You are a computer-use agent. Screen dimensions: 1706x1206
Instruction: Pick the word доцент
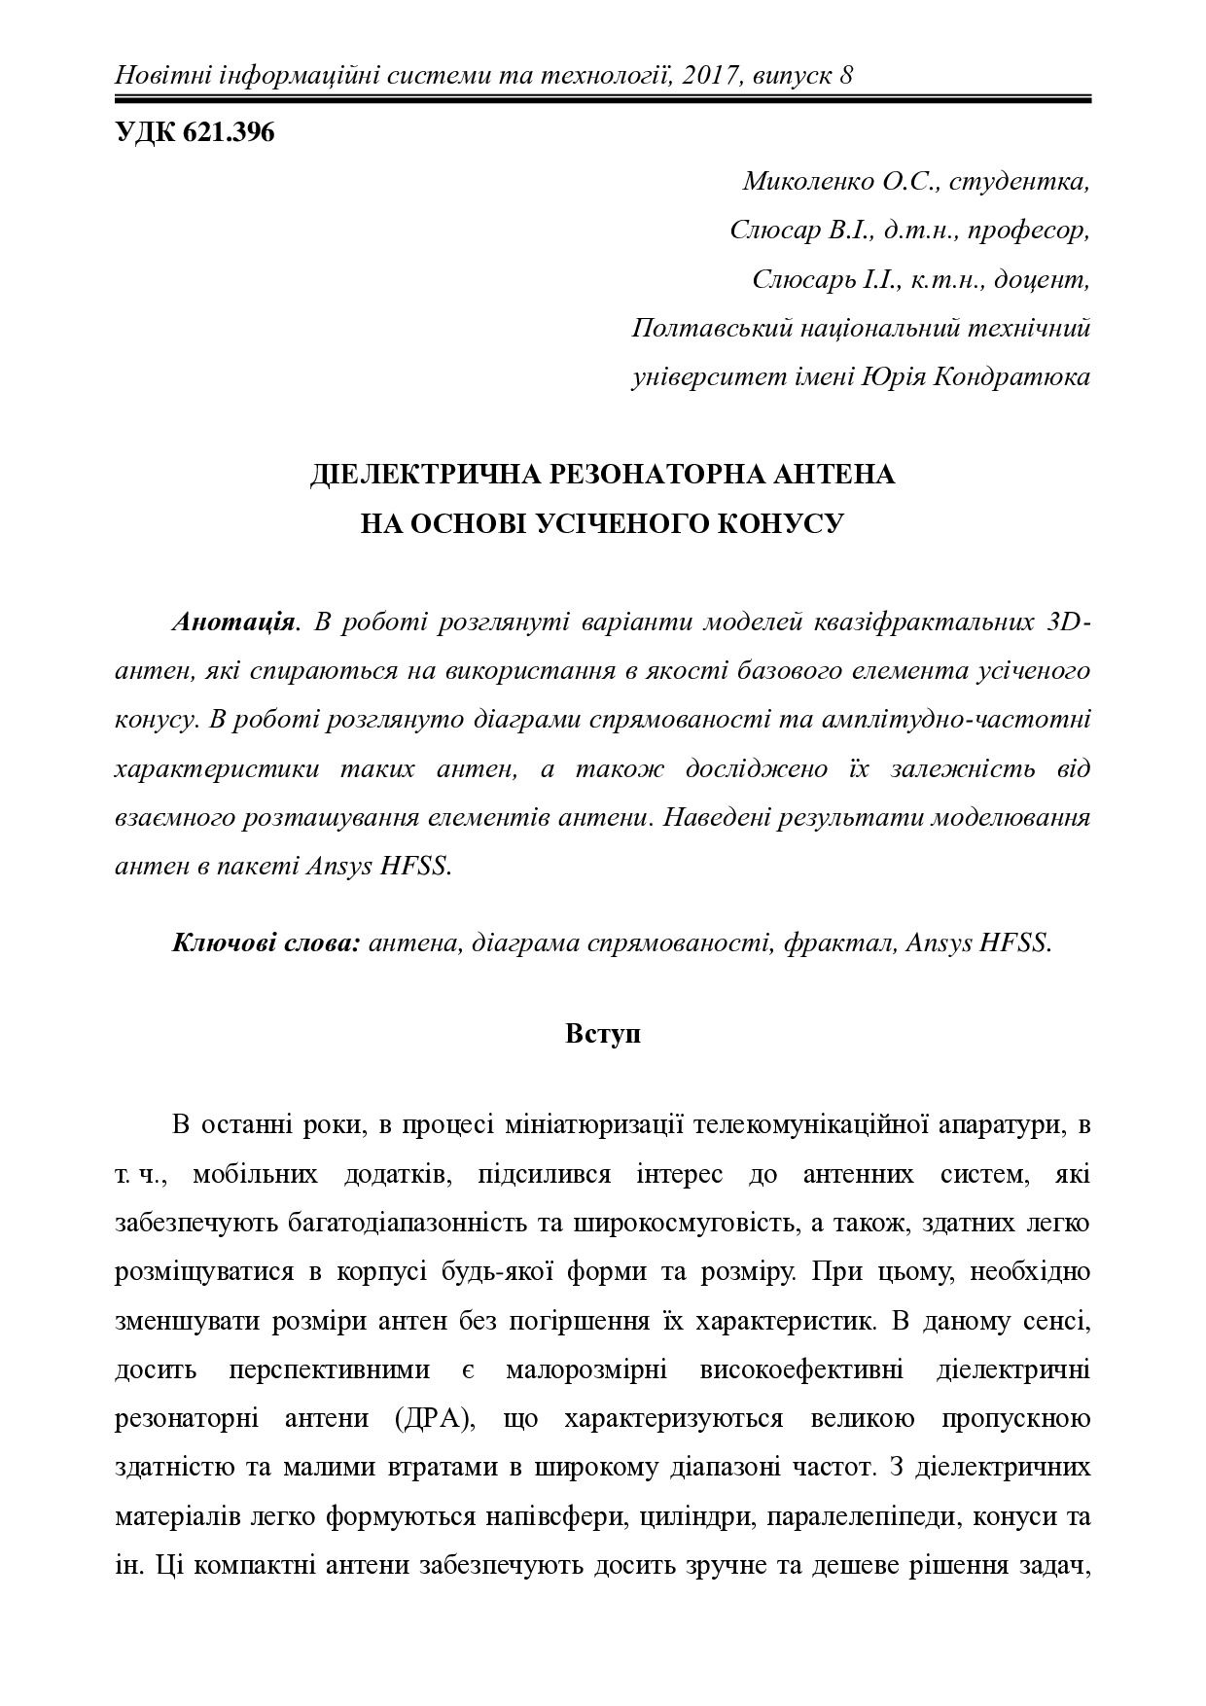(1044, 279)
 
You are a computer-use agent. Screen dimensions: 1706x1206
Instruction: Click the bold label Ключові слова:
(267, 942)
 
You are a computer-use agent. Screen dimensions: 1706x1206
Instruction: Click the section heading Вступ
(603, 1034)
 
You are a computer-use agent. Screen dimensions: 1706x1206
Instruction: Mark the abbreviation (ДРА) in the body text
(434, 1418)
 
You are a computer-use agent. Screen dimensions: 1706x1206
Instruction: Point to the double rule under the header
(603, 98)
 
